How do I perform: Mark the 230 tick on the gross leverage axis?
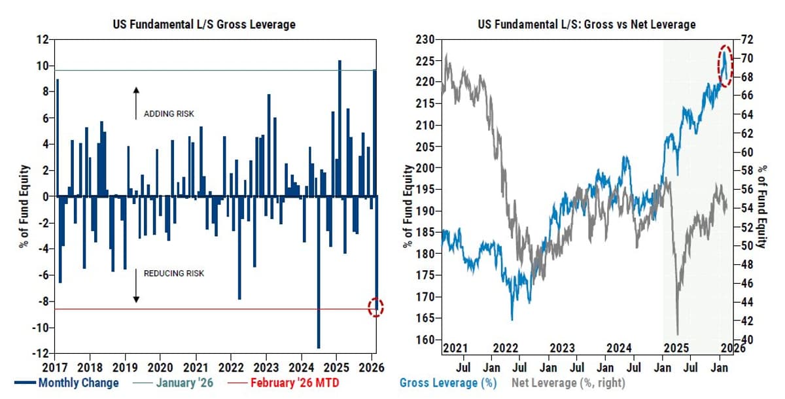pyautogui.click(x=425, y=40)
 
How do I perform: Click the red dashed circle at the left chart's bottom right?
pyautogui.click(x=376, y=307)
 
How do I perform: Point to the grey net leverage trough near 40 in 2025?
pyautogui.click(x=677, y=332)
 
